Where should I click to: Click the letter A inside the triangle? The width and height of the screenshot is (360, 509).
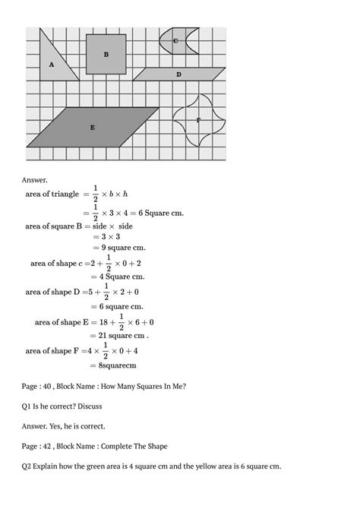(52, 65)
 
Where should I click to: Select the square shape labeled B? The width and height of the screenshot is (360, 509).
(106, 54)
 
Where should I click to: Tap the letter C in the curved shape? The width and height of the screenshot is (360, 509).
(175, 41)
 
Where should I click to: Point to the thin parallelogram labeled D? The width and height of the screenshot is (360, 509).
(179, 74)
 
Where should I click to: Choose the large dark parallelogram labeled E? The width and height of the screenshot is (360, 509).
(93, 127)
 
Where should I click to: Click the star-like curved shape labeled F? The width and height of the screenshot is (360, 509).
(198, 120)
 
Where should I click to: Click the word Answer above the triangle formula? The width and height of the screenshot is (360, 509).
(35, 180)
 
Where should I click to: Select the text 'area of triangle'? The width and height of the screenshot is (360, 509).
(52, 194)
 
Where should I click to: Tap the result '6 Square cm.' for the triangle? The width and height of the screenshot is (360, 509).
(157, 213)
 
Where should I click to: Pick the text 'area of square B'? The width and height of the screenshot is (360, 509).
(58, 226)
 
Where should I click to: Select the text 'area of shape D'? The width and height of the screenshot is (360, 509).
(53, 291)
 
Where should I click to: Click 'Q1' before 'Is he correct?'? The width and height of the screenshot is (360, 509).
(27, 406)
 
